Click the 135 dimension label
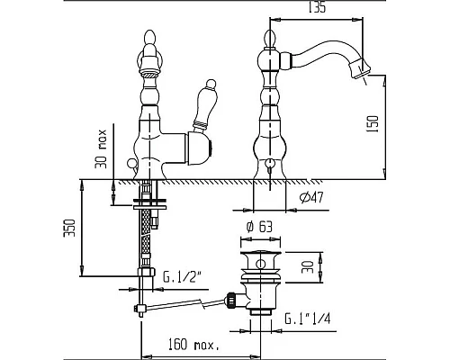(x=317, y=7)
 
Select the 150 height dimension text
(x=373, y=123)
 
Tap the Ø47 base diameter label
(x=311, y=197)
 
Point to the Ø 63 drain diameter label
(x=259, y=227)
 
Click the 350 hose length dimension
(x=69, y=228)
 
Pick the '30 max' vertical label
(x=101, y=148)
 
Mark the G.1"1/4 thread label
(x=307, y=319)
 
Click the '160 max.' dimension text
(x=193, y=345)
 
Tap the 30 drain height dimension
(x=308, y=266)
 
